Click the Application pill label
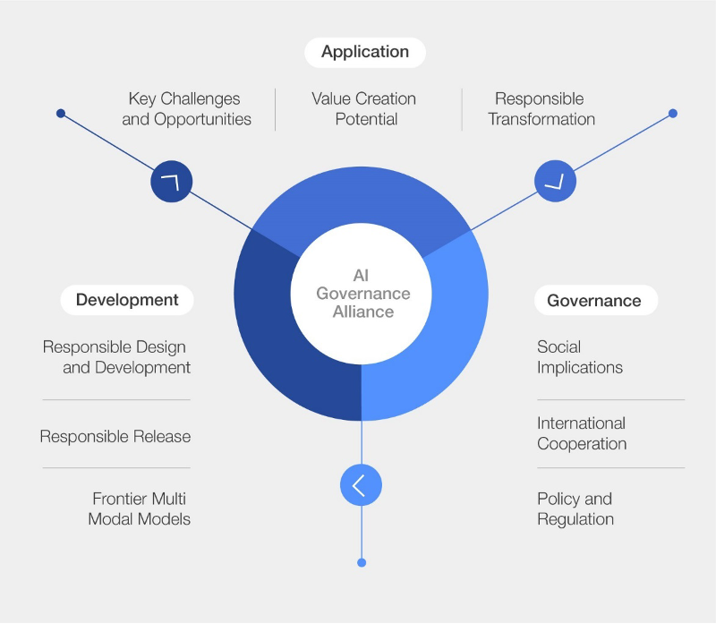365,52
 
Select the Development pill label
127,300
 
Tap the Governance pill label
594,301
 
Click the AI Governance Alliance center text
362,294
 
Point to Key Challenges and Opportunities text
186,108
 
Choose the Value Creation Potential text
364,108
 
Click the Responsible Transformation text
541,108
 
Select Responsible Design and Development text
116,356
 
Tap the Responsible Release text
115,437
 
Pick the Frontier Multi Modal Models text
139,509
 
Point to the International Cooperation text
582,433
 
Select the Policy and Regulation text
575,509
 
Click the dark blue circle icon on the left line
171,182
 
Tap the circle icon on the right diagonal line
555,182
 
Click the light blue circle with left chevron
361,486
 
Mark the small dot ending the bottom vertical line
362,562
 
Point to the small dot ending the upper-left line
61,114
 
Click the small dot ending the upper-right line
673,114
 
